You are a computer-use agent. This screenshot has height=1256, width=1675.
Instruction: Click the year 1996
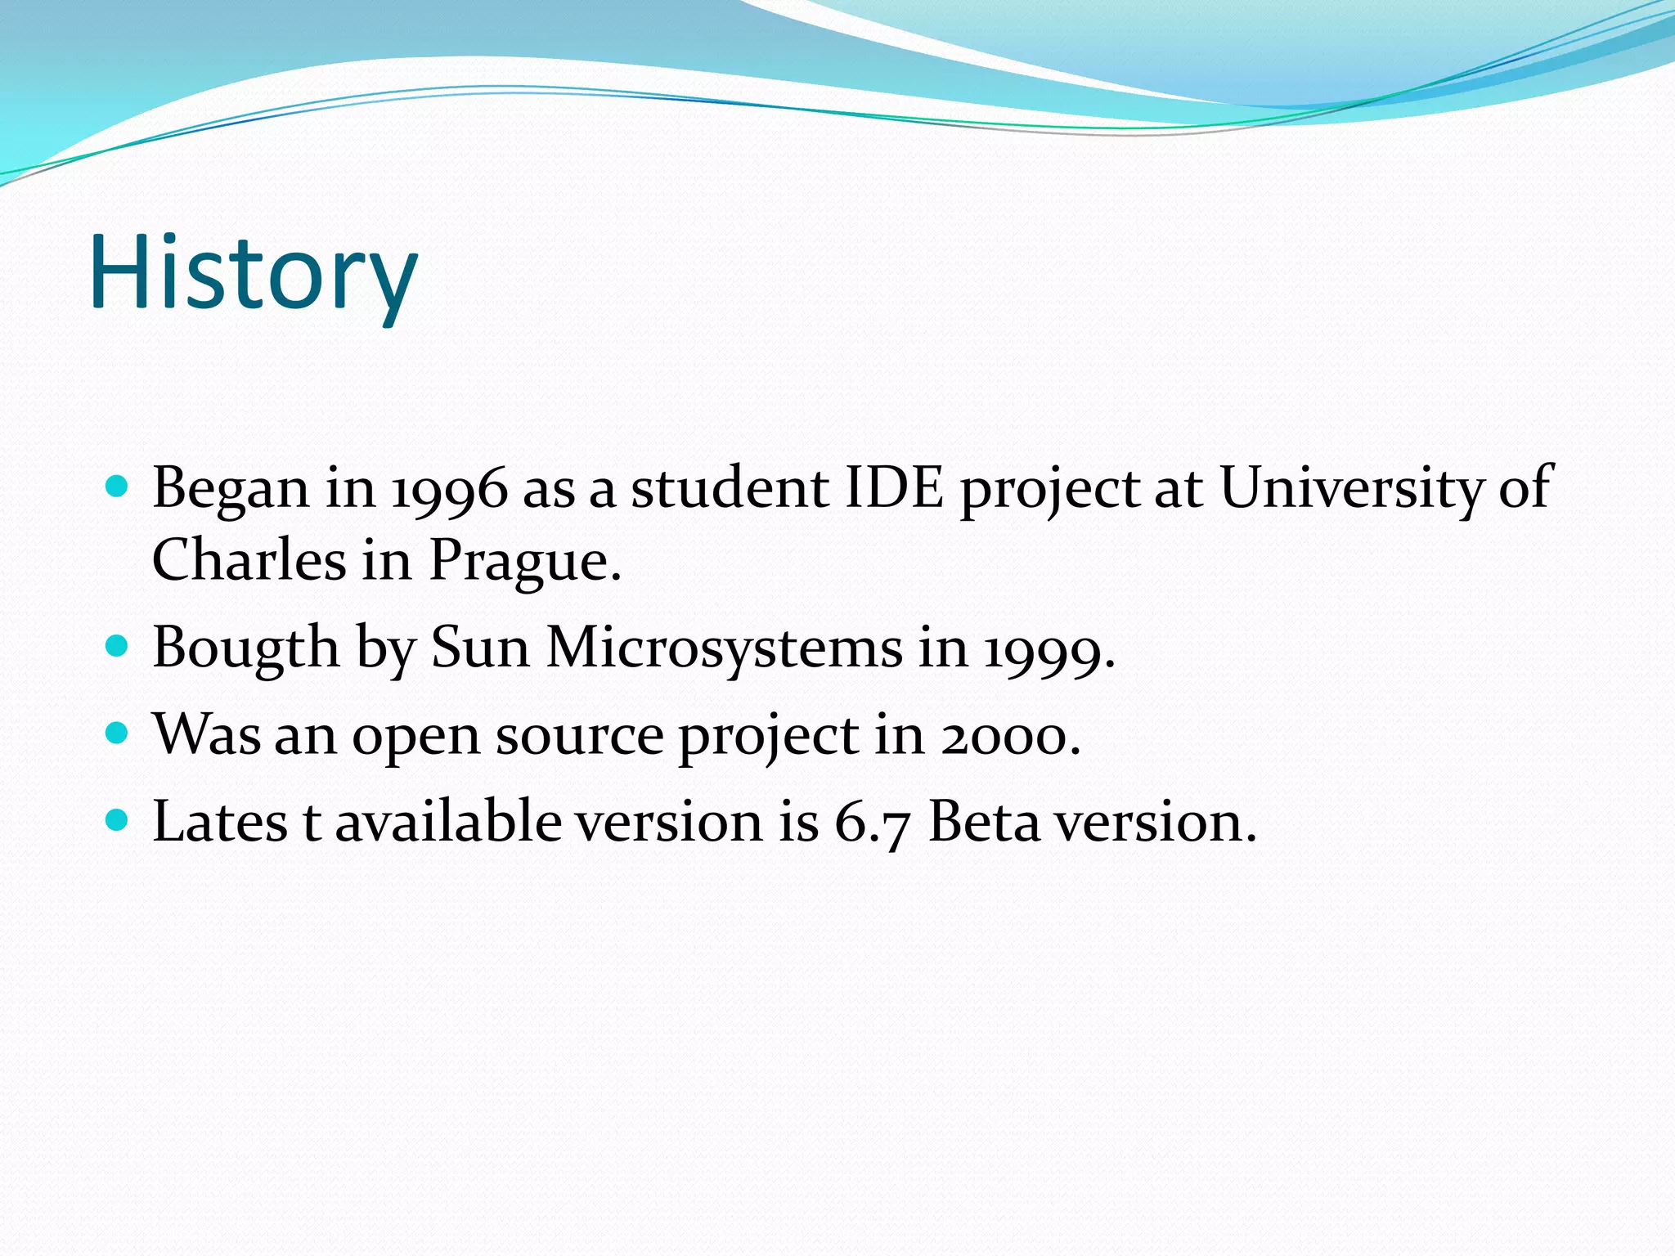pyautogui.click(x=450, y=489)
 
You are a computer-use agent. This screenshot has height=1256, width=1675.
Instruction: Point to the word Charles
pyautogui.click(x=249, y=560)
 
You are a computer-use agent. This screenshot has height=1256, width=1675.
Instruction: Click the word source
pyautogui.click(x=579, y=735)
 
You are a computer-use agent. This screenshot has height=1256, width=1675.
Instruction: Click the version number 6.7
pyautogui.click(x=871, y=821)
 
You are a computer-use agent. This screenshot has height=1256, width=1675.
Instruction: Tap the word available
pyautogui.click(x=447, y=821)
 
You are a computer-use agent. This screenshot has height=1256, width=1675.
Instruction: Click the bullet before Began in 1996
pyautogui.click(x=118, y=488)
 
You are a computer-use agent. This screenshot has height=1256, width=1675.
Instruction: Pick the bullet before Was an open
pyautogui.click(x=118, y=733)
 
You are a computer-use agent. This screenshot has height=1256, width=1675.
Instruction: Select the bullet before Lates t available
pyautogui.click(x=118, y=819)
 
